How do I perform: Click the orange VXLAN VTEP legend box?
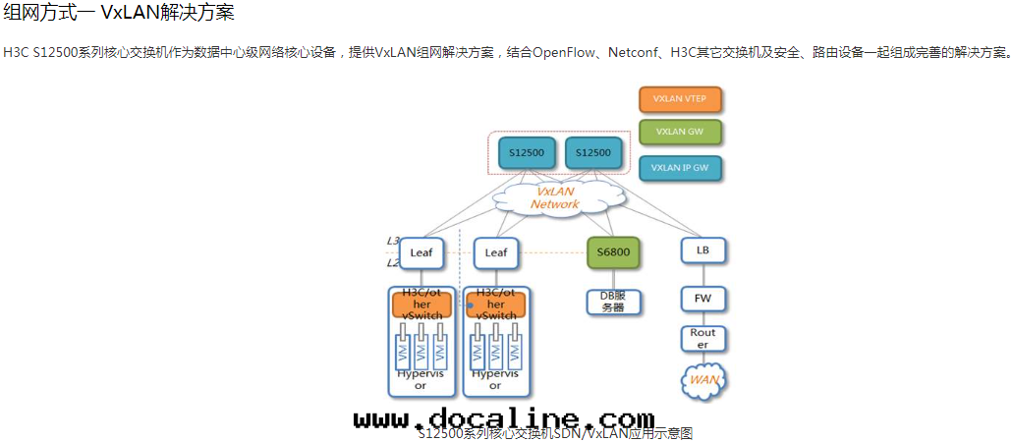coord(680,99)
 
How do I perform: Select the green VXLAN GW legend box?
coord(680,133)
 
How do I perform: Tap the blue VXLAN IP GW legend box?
coord(680,168)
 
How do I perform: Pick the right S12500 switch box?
coord(592,153)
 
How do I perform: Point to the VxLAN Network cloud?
coord(556,198)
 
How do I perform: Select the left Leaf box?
coord(421,252)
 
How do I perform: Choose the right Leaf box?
coord(496,252)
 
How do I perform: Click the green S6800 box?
coord(613,252)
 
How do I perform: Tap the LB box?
coord(702,250)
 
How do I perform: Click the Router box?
coord(702,339)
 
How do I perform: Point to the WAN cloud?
coord(702,379)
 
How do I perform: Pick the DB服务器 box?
coord(613,302)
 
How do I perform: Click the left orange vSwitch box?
coord(421,304)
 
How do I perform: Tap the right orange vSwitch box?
coord(496,304)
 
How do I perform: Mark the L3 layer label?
coord(392,241)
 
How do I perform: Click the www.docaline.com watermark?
coord(503,420)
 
